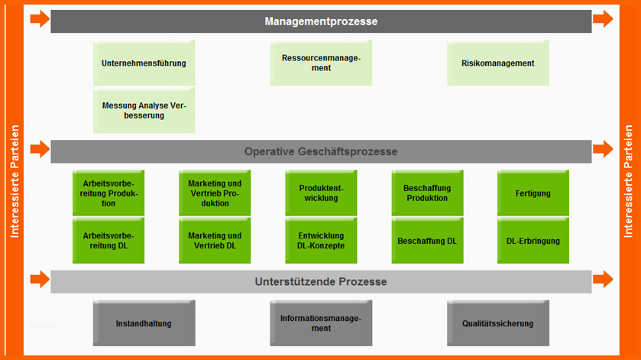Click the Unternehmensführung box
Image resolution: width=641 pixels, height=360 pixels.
click(144, 63)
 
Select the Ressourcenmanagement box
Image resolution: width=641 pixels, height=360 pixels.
click(321, 63)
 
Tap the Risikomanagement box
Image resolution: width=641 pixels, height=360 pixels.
click(498, 63)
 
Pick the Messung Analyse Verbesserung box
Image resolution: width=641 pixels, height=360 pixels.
click(144, 110)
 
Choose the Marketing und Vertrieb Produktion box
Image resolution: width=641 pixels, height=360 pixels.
click(215, 193)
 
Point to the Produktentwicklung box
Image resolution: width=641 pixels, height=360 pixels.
click(321, 193)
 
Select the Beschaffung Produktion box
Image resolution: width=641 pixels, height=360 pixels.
click(427, 193)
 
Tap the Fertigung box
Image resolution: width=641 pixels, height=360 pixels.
click(533, 193)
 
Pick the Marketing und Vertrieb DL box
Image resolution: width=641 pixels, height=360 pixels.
click(215, 241)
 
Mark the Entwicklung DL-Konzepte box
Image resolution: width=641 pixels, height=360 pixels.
click(321, 241)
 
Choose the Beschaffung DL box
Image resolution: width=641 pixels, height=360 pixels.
click(427, 241)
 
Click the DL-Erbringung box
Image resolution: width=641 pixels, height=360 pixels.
click(533, 241)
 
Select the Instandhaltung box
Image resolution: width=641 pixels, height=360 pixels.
click(144, 323)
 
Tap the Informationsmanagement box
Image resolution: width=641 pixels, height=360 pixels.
click(321, 323)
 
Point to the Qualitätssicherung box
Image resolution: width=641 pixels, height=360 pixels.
click(498, 323)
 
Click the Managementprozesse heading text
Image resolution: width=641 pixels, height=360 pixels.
click(321, 21)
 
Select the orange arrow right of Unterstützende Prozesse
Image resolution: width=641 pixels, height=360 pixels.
click(603, 280)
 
